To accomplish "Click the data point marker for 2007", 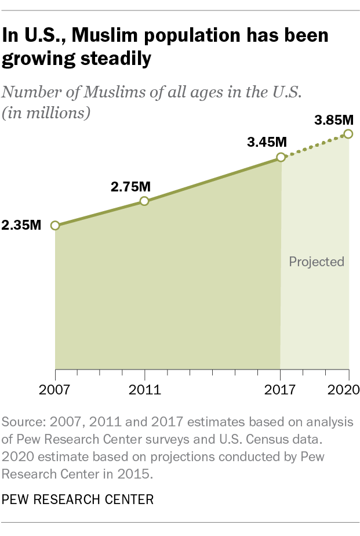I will point(55,226).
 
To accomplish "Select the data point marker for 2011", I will point(144,201).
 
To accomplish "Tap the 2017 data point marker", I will point(281,157).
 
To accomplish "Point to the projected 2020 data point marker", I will point(348,134).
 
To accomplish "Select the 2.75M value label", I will point(130,187).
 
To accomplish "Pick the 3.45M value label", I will point(267,143).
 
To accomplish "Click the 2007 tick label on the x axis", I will point(55,389).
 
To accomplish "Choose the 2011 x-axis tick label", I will point(144,389).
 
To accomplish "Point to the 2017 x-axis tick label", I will point(281,389).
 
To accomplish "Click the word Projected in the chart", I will point(317,262).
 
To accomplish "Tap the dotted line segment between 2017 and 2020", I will point(314,146).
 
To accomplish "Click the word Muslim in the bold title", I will point(113,37).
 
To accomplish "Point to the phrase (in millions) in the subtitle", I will point(46,113).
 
